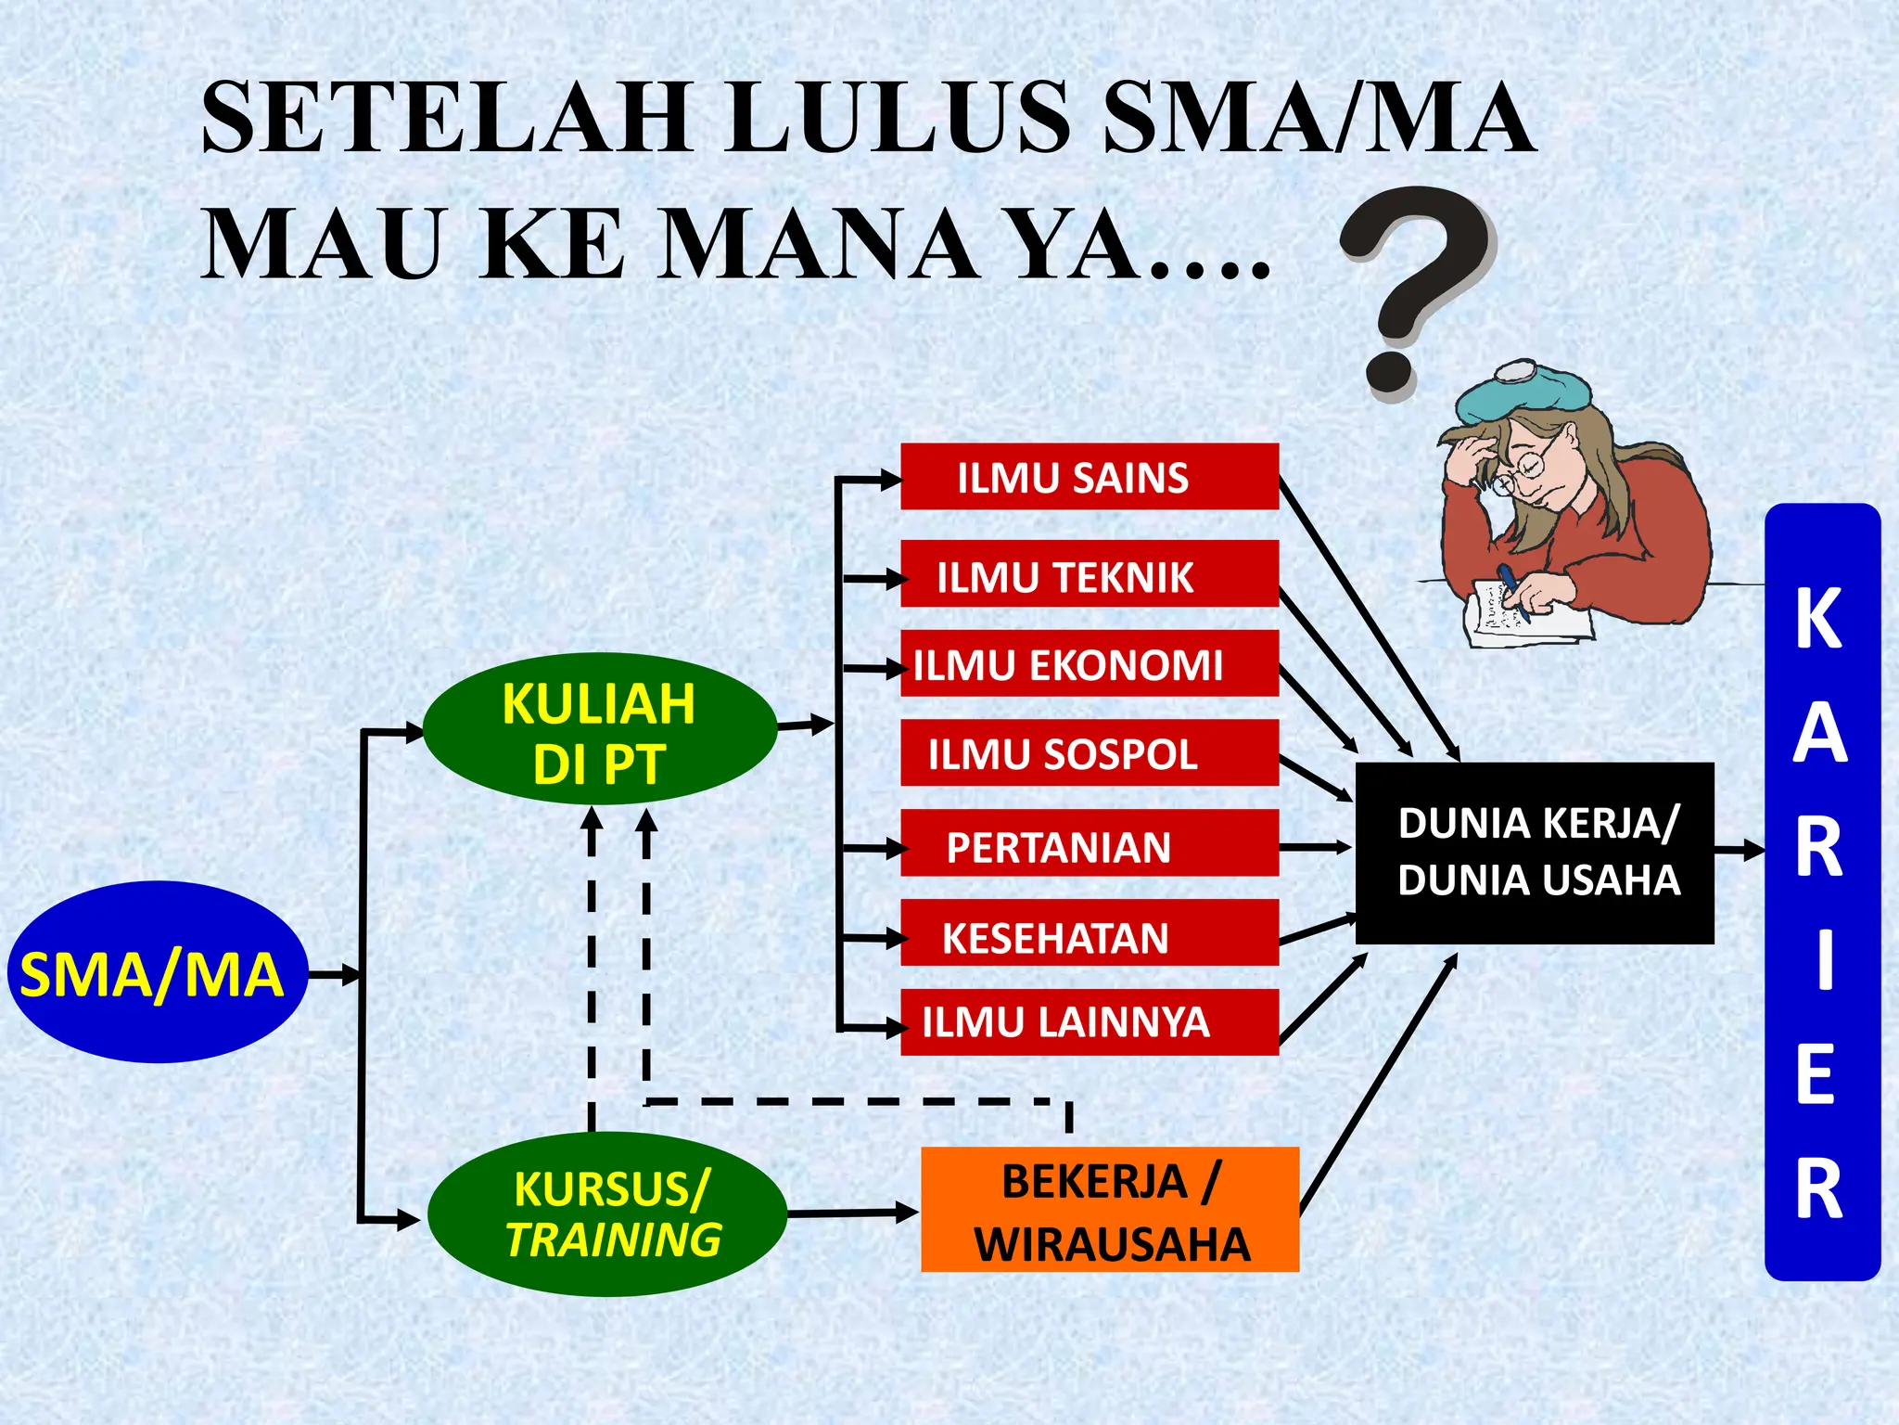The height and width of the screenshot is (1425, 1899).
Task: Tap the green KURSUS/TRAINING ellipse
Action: tap(608, 1213)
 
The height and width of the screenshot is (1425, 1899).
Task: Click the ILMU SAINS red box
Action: tap(1090, 477)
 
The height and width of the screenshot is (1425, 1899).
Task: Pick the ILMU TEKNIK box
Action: tap(1090, 575)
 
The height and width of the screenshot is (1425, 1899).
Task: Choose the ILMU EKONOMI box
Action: tap(1090, 664)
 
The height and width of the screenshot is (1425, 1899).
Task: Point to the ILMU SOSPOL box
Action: tap(1090, 753)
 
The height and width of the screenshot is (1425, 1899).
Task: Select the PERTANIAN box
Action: tap(1090, 844)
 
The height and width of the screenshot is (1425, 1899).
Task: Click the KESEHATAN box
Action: tap(1090, 935)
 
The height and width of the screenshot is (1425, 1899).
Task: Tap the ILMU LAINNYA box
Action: tap(1090, 1022)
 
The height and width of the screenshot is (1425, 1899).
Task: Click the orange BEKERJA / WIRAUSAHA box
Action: tap(1109, 1210)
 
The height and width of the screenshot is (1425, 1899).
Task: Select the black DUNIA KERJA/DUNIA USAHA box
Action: tap(1535, 853)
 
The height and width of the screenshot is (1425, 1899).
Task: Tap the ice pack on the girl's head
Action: tap(1521, 394)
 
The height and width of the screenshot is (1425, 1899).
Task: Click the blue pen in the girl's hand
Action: tap(1510, 588)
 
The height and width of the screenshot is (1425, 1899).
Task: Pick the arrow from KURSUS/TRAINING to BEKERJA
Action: tap(853, 1213)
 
